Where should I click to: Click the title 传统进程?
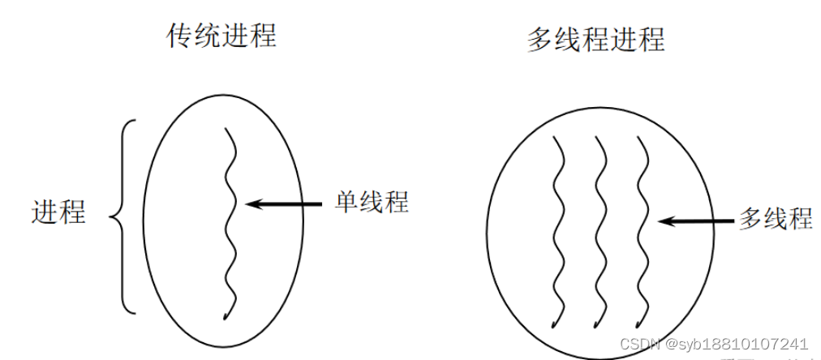pyautogui.click(x=221, y=36)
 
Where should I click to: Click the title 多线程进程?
pyautogui.click(x=595, y=38)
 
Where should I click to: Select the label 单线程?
pyautogui.click(x=372, y=201)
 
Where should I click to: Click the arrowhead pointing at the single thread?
pyautogui.click(x=252, y=203)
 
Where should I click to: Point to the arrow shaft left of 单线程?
pyautogui.click(x=292, y=203)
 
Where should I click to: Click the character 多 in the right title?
pyautogui.click(x=540, y=38)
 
